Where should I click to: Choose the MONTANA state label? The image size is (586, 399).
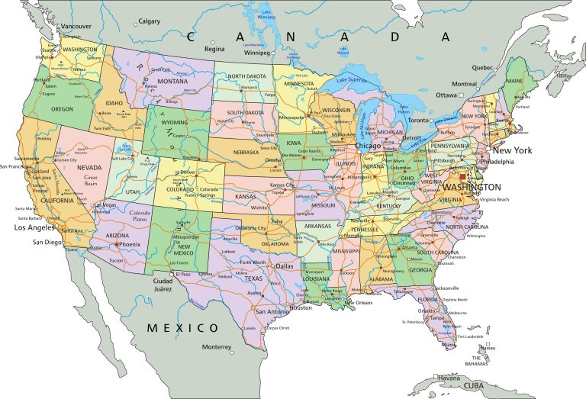point(172,81)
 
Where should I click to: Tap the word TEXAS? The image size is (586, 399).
point(253,278)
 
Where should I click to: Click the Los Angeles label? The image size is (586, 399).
point(31,227)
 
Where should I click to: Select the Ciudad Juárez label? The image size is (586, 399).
point(163,285)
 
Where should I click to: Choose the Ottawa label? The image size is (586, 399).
point(446,95)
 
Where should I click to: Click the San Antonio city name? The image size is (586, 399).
point(272,311)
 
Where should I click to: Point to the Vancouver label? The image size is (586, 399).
point(76,27)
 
